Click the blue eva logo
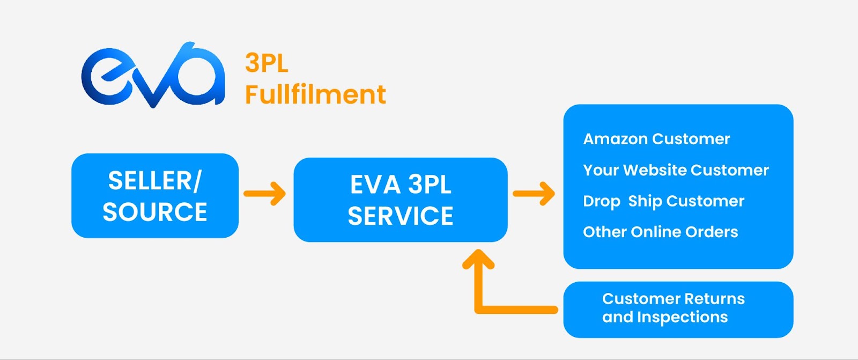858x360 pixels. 153,75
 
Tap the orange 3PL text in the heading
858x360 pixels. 267,63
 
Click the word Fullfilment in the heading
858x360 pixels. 315,94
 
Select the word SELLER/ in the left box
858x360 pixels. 154,181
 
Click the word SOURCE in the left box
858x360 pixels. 154,212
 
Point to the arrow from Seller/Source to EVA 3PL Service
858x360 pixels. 265,193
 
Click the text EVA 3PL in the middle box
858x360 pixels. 400,185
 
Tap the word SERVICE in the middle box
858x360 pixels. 400,216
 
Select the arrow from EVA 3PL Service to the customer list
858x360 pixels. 534,193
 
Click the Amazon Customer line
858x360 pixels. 656,139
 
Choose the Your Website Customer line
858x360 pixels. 676,170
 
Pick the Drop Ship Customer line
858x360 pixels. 663,201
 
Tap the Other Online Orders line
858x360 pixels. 660,232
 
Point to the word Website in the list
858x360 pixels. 654,170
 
